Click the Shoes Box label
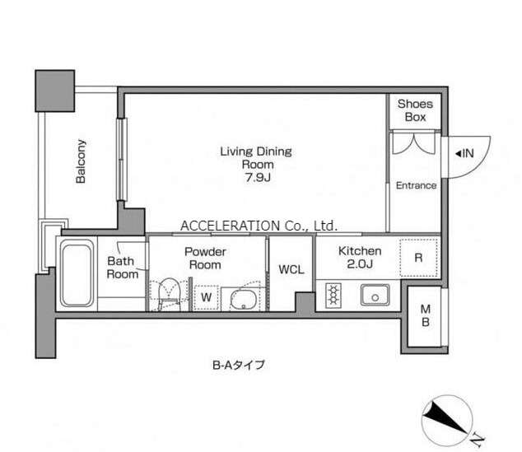click(415, 110)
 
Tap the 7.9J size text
click(258, 177)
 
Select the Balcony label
click(81, 161)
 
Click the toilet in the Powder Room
click(169, 294)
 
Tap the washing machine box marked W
click(206, 297)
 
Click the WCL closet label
click(291, 269)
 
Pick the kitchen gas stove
click(333, 294)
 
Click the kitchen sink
click(375, 295)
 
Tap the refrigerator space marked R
click(418, 258)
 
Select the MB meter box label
click(426, 315)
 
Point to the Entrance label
click(416, 185)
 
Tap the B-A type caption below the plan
click(239, 365)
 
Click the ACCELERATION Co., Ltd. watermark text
click(259, 226)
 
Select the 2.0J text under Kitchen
click(360, 264)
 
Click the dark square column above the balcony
click(54, 91)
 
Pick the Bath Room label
click(123, 268)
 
